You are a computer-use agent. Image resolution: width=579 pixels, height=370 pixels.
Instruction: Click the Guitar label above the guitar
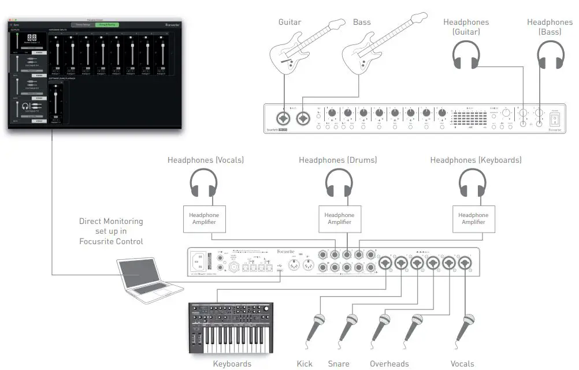(289, 22)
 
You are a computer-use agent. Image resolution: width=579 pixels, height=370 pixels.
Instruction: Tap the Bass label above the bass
(362, 22)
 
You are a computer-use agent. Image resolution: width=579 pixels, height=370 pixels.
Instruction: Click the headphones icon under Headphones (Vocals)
(204, 184)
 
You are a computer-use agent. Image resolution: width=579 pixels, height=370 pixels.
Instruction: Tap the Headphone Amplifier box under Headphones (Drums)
(339, 219)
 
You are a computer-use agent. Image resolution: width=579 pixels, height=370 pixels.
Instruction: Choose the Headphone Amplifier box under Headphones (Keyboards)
(473, 219)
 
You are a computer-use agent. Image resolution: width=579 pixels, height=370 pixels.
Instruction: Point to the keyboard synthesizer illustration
(231, 327)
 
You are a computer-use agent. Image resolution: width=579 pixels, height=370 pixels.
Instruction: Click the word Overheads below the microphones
(389, 364)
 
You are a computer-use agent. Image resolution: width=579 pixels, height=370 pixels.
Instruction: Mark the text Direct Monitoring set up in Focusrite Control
(111, 231)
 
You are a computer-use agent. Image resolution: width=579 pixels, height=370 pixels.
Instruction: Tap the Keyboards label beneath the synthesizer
(232, 364)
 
